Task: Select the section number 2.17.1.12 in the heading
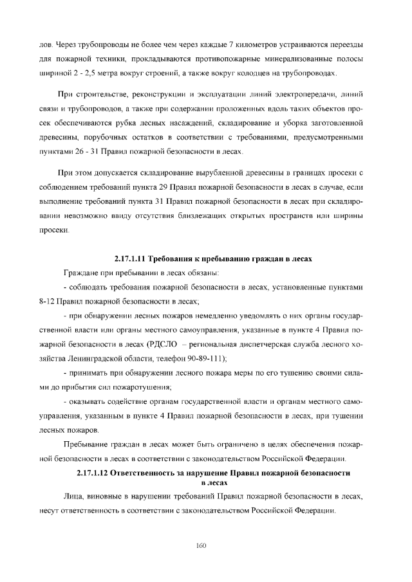[93, 473]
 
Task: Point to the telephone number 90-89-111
[211, 358]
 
